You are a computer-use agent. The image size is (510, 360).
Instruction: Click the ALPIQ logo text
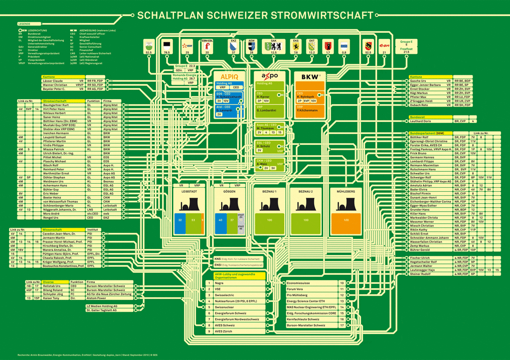pos(230,76)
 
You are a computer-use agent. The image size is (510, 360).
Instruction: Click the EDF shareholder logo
pos(187,45)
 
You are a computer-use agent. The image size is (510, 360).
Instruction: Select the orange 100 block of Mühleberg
pos(346,220)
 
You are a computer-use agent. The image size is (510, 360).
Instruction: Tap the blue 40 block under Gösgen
pos(220,220)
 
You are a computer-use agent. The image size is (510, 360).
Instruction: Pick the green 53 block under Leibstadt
pos(193,220)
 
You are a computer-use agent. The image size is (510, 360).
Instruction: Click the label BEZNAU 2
pos(305,191)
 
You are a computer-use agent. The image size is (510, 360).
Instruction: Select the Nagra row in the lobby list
pos(219,283)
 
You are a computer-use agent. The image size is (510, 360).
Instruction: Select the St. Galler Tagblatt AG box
pos(102,310)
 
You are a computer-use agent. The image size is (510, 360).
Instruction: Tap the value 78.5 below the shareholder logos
pos(166,52)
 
